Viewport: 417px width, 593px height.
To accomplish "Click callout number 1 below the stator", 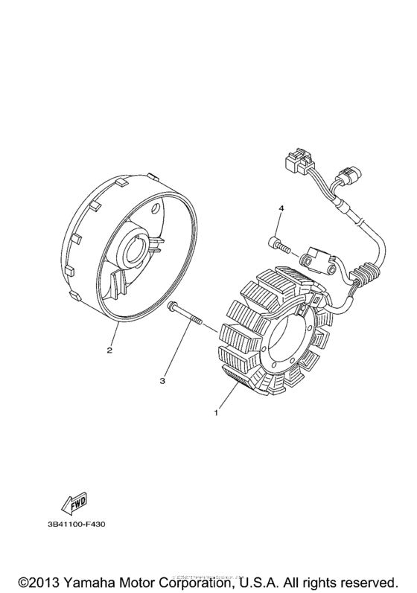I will pyautogui.click(x=217, y=411).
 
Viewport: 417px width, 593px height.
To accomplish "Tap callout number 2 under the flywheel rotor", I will pyautogui.click(x=109, y=350).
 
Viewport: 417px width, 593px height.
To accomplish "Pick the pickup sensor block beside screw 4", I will pyautogui.click(x=316, y=260).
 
